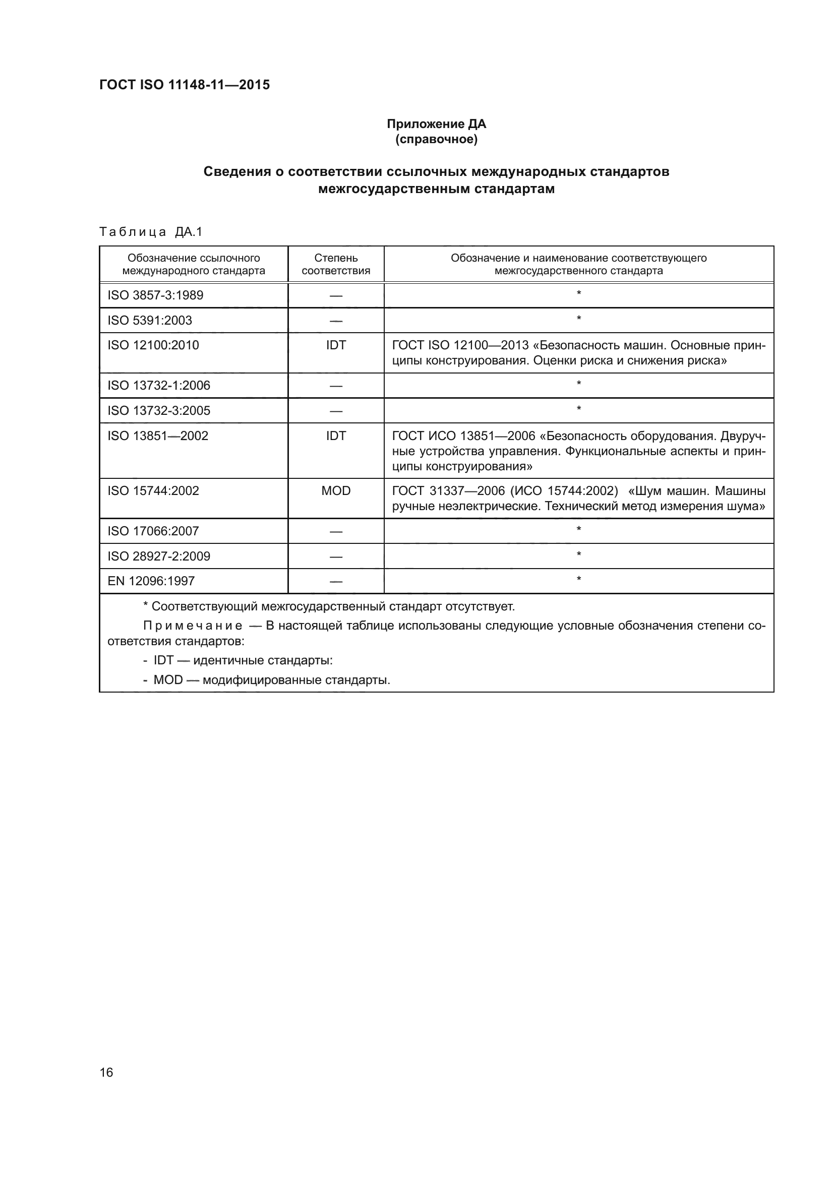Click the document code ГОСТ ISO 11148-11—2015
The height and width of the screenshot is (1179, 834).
pyautogui.click(x=185, y=85)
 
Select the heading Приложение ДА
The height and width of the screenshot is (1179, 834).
pyautogui.click(x=436, y=124)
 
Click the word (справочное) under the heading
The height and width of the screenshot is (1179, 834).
pyautogui.click(x=436, y=139)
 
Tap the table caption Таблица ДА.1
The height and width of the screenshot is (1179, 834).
pyautogui.click(x=151, y=232)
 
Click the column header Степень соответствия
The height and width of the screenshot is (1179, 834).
pyautogui.click(x=335, y=265)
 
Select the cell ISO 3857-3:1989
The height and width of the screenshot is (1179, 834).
pyautogui.click(x=155, y=295)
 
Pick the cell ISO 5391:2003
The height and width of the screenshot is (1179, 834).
pyautogui.click(x=149, y=321)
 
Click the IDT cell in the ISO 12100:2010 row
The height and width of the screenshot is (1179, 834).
pyautogui.click(x=335, y=345)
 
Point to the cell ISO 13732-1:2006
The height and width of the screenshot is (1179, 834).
pyautogui.click(x=159, y=386)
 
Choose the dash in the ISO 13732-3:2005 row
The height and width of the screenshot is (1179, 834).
pyautogui.click(x=335, y=411)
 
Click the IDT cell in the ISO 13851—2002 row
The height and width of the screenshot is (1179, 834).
pyautogui.click(x=335, y=436)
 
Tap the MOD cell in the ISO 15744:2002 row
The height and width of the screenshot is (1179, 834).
pyautogui.click(x=335, y=491)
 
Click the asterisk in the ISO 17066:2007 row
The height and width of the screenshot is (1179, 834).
pyautogui.click(x=579, y=529)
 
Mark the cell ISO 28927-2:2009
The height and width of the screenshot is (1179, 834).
pyautogui.click(x=159, y=556)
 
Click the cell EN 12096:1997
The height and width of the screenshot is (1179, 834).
pyautogui.click(x=151, y=581)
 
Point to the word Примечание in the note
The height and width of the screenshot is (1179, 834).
pyautogui.click(x=193, y=626)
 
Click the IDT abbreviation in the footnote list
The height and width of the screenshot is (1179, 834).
pyautogui.click(x=163, y=660)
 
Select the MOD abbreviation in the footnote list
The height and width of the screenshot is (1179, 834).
pyautogui.click(x=168, y=680)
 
